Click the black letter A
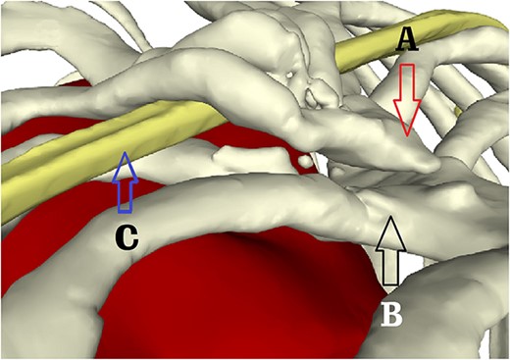coord(407,40)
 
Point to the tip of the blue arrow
coord(123,153)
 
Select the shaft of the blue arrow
coord(123,191)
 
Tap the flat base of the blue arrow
coord(123,211)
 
